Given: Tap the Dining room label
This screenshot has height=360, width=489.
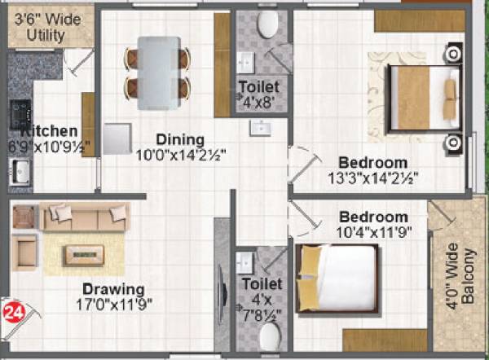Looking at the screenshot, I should tap(180, 138).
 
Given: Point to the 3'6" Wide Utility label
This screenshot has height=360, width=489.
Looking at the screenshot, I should tap(47, 27).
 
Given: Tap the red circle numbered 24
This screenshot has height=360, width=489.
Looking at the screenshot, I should tap(12, 310).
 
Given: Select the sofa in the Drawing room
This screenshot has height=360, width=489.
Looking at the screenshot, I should tap(86, 216).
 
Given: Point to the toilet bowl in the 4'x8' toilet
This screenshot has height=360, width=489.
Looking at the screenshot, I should tap(266, 25).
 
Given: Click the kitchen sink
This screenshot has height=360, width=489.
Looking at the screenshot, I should tap(20, 172).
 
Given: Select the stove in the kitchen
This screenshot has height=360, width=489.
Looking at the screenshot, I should tap(20, 114).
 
